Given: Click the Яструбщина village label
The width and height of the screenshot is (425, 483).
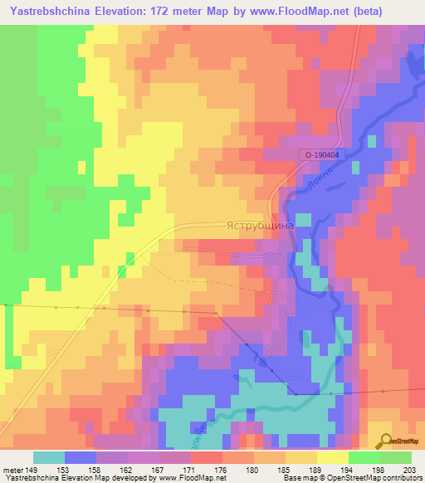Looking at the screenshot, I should pyautogui.click(x=257, y=226).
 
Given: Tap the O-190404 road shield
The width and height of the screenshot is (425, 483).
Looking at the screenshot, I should pyautogui.click(x=320, y=155).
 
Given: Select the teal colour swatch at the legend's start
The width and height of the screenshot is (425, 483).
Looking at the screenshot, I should pyautogui.click(x=49, y=457).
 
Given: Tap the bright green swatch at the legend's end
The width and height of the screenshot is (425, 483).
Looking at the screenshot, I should pyautogui.click(x=396, y=457).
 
